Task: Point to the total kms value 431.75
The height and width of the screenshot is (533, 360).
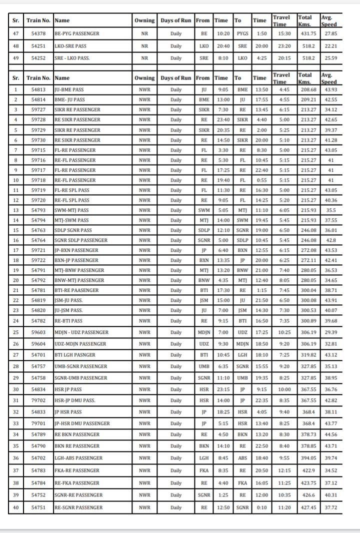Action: point(307,33)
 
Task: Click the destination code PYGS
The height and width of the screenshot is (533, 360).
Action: point(242,33)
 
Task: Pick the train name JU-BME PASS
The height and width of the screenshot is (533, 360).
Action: point(69,90)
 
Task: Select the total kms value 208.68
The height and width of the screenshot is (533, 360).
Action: point(307,90)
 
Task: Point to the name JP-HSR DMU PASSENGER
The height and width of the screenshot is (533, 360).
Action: point(82,423)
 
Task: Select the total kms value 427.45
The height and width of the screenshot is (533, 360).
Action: point(307,507)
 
